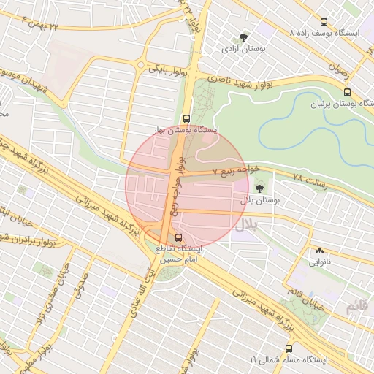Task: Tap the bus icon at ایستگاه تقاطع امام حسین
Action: click(x=180, y=237)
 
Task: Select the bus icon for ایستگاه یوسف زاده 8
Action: click(x=325, y=23)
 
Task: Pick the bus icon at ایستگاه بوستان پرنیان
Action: click(x=347, y=93)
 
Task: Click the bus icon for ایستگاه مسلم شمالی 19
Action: click(x=289, y=348)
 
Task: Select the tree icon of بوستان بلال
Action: click(x=259, y=188)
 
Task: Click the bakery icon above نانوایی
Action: click(x=319, y=251)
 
